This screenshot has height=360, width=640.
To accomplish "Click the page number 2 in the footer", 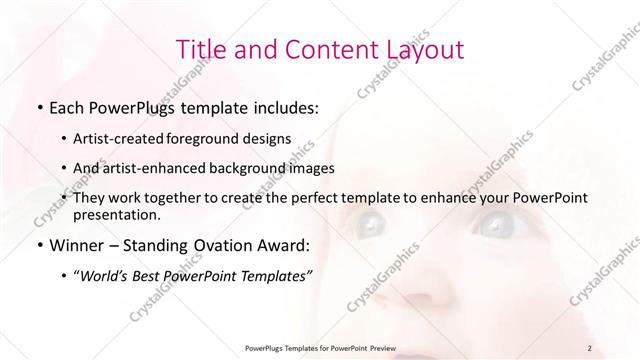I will point(591,347).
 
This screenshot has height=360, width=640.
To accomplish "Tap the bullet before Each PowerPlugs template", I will point(39,106).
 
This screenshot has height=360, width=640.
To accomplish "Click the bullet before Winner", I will point(39,245).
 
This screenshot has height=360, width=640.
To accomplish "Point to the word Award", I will point(286,245).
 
